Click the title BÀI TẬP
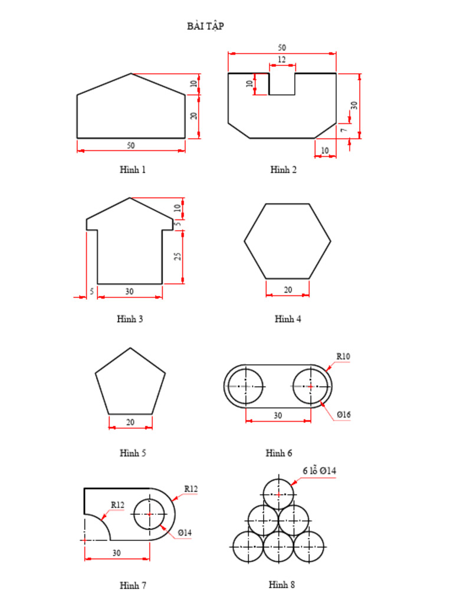(205, 26)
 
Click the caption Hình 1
(132, 170)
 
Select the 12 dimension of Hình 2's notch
(281, 60)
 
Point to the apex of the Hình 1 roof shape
(131, 74)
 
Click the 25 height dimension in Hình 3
(178, 256)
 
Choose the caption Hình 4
(288, 319)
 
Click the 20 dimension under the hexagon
(288, 290)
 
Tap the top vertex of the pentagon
(130, 348)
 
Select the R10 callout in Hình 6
(343, 356)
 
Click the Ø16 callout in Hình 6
(344, 415)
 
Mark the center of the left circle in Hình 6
(245, 386)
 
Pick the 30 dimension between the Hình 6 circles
(278, 415)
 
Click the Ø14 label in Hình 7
(185, 533)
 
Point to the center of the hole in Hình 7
(150, 514)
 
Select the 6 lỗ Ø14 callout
(319, 471)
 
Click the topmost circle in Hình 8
(278, 494)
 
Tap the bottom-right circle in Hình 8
(308, 547)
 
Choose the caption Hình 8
(281, 585)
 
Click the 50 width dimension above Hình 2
(281, 47)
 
